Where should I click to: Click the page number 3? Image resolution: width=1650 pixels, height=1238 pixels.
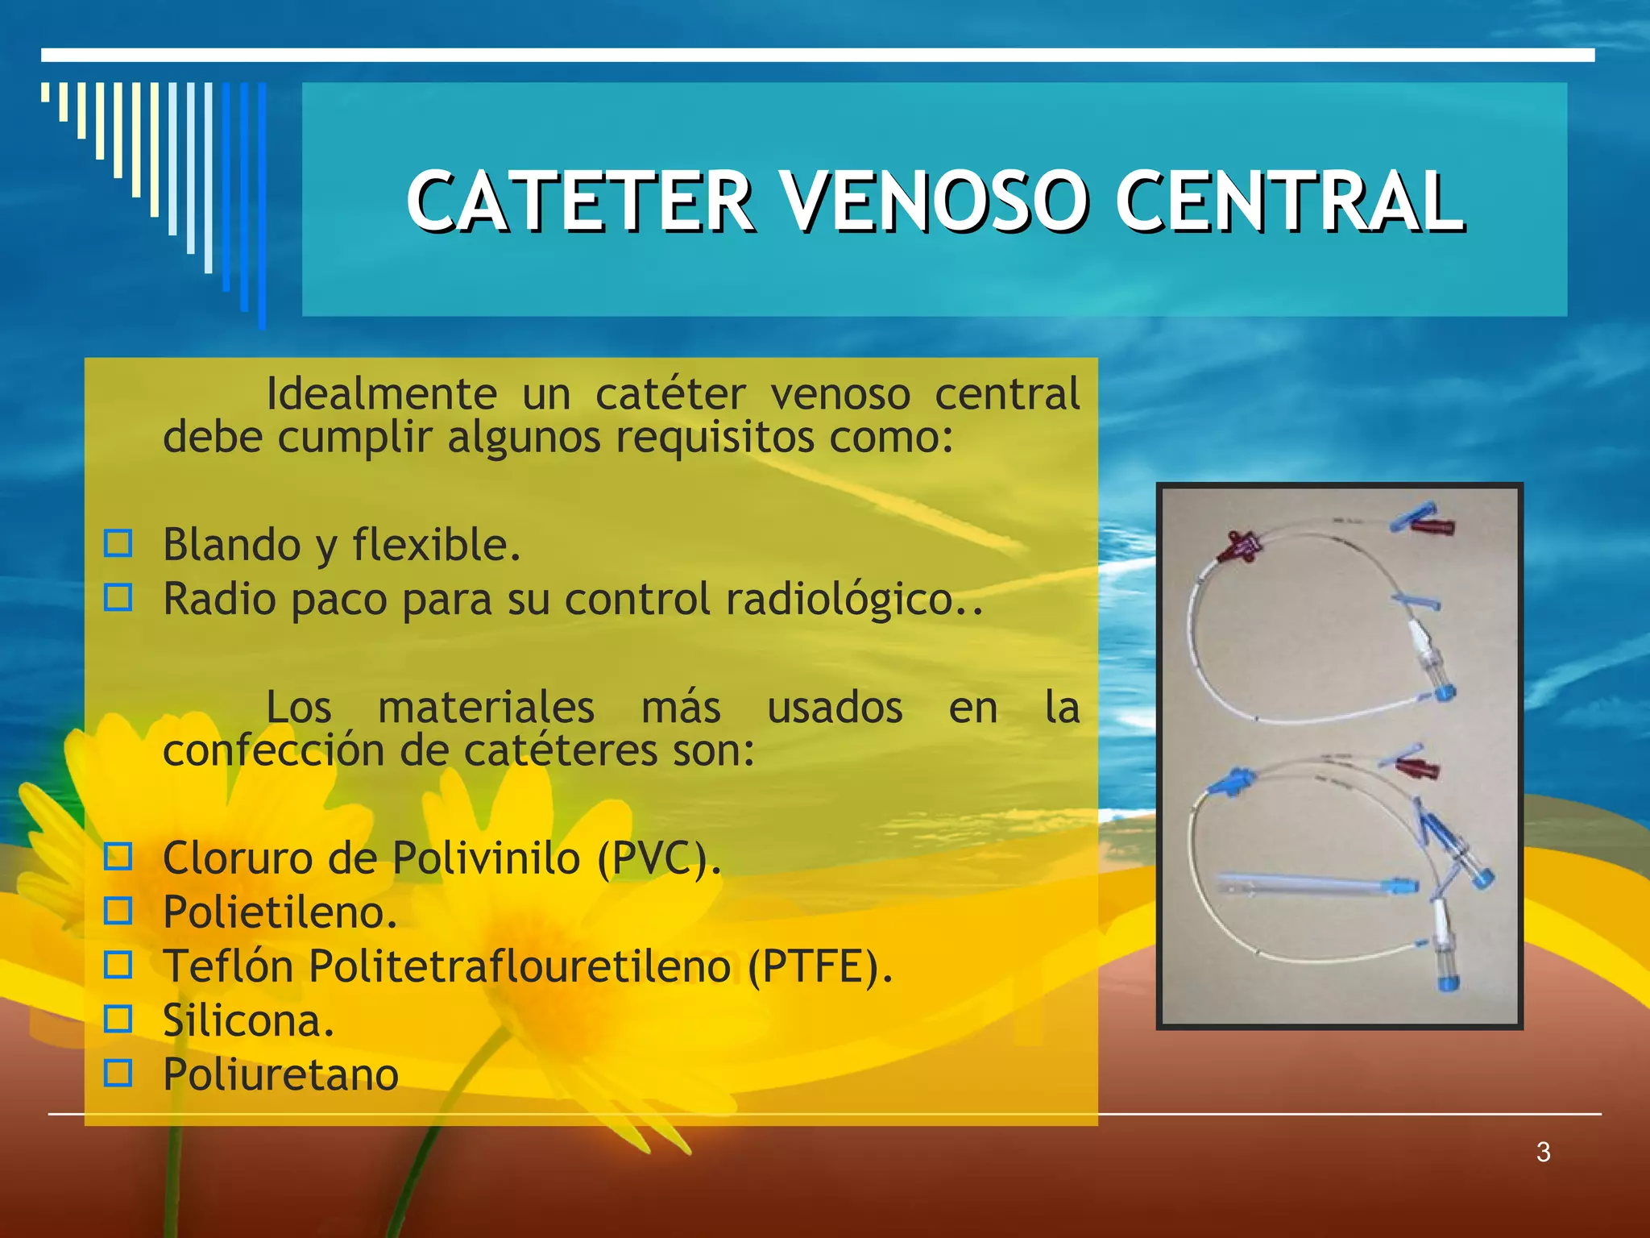pyautogui.click(x=1543, y=1152)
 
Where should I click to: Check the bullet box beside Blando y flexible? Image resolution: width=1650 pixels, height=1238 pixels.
pyautogui.click(x=118, y=544)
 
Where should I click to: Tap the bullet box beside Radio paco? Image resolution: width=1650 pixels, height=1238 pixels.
pyautogui.click(x=118, y=598)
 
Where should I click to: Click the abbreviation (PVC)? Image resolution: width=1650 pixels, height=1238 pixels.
pyautogui.click(x=658, y=858)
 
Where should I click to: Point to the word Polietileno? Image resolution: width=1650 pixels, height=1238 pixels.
pyautogui.click(x=280, y=912)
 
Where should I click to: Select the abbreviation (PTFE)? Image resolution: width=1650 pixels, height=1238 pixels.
pyautogui.click(x=819, y=966)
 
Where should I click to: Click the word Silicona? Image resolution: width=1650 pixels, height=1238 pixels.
pyautogui.click(x=248, y=1020)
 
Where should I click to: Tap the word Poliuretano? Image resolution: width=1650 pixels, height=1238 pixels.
pyautogui.click(x=280, y=1074)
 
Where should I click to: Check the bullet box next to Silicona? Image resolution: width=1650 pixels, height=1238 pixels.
pyautogui.click(x=118, y=1020)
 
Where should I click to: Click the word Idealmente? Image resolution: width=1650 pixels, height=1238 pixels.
pyautogui.click(x=381, y=394)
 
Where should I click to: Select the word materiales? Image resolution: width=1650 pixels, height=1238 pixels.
pyautogui.click(x=486, y=708)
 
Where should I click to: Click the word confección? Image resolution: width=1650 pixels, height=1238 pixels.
pyautogui.click(x=274, y=751)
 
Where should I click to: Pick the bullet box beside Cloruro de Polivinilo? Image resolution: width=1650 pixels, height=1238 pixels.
pyautogui.click(x=118, y=857)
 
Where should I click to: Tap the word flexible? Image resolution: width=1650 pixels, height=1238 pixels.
pyautogui.click(x=435, y=545)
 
